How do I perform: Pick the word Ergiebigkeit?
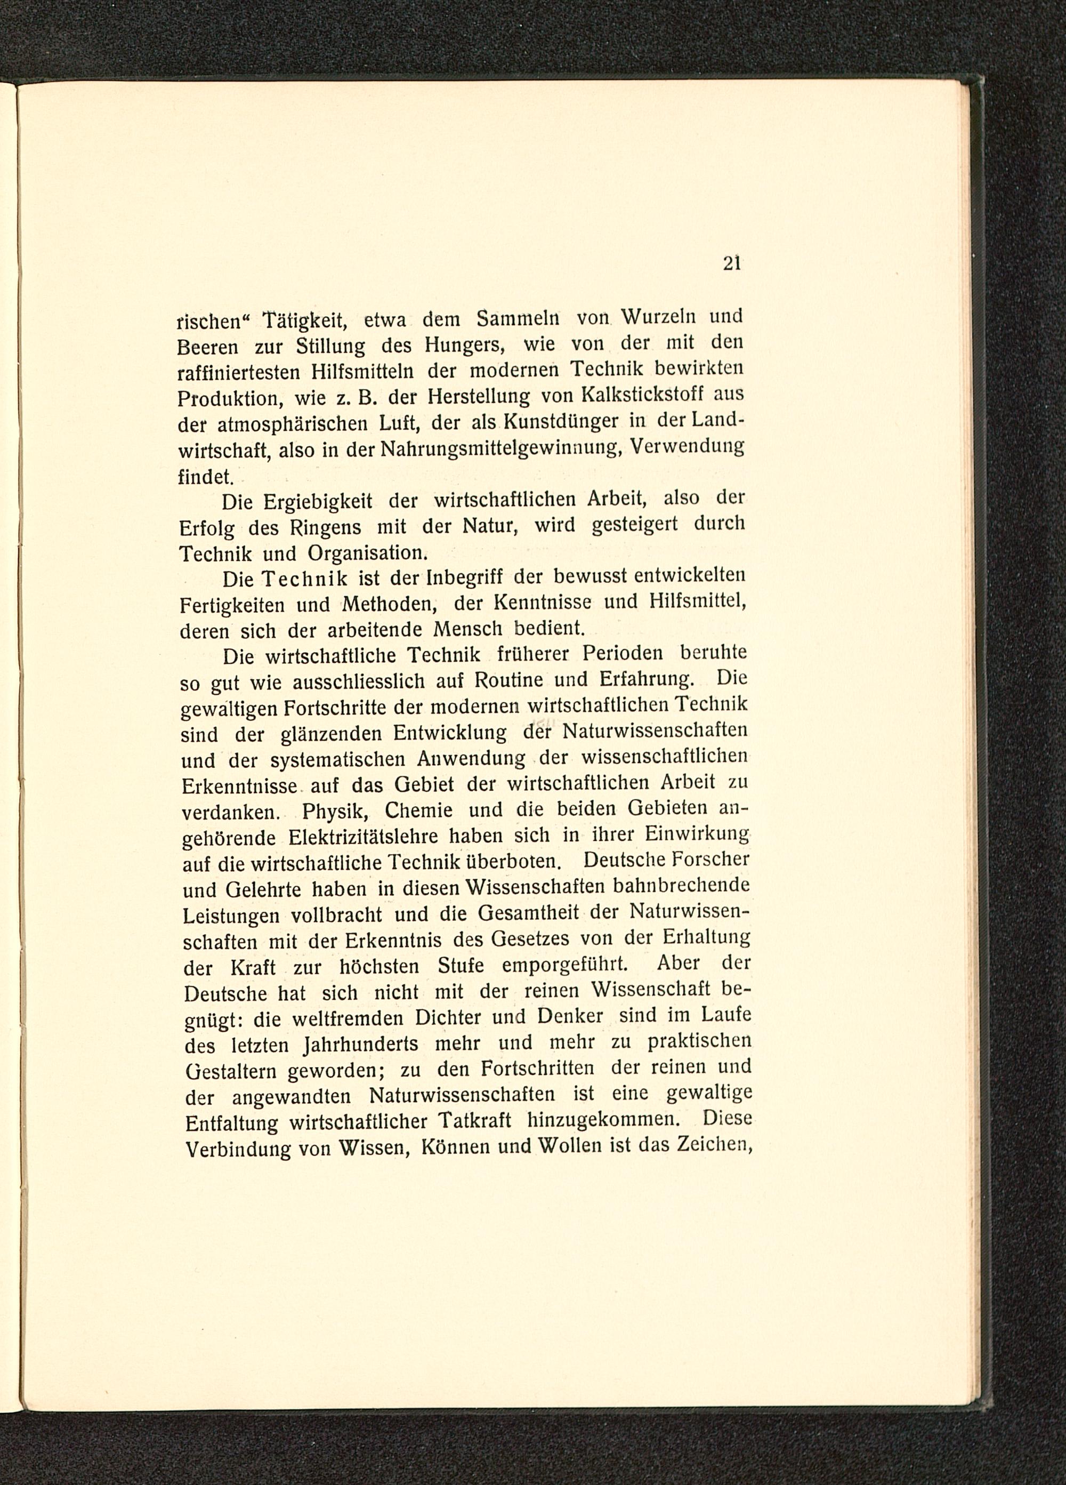317,502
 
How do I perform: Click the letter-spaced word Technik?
308,580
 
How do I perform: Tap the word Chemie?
419,810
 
